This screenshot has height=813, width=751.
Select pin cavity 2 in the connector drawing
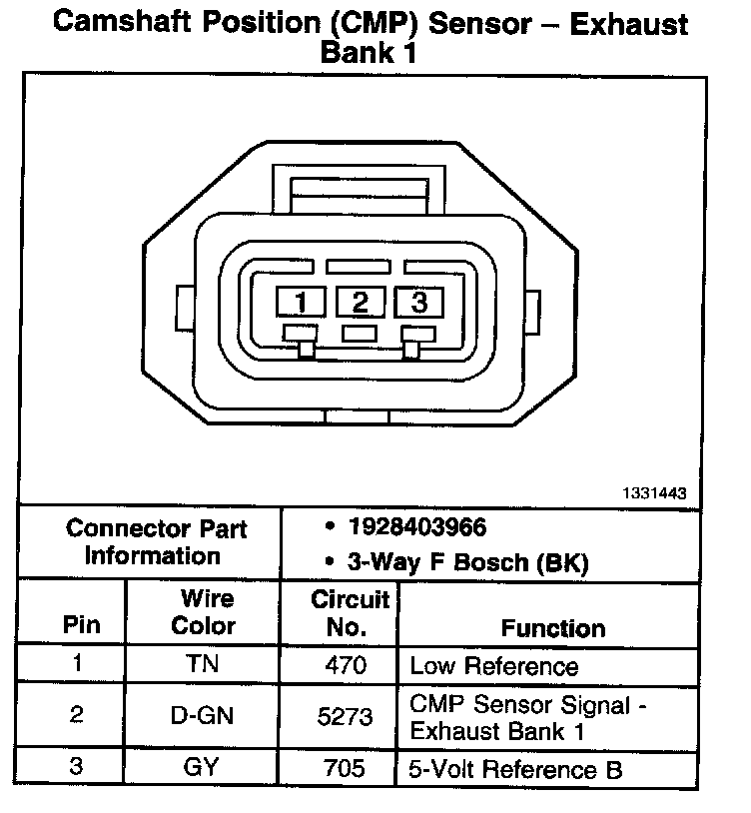pos(360,302)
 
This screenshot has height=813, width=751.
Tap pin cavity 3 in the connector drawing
pos(418,302)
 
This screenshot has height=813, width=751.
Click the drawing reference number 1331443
pos(654,493)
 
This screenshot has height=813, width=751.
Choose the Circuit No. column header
pos(350,613)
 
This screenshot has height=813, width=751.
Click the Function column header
pos(552,628)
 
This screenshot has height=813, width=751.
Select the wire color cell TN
pos(203,664)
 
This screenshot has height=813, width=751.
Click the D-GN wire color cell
pos(203,716)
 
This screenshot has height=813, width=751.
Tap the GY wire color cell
pos(203,768)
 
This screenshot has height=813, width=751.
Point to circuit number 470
pos(347,664)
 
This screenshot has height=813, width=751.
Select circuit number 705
pos(347,768)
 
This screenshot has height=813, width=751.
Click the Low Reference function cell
pos(494,665)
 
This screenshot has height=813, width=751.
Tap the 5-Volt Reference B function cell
pos(516,769)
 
